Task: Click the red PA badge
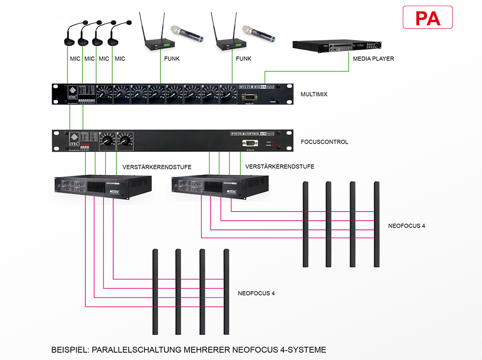click(x=428, y=18)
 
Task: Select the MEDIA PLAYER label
click(x=373, y=59)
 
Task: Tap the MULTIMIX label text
click(x=314, y=94)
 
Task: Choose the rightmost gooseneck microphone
click(x=116, y=36)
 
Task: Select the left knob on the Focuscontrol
click(x=107, y=141)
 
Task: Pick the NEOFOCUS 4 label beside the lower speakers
click(x=256, y=293)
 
